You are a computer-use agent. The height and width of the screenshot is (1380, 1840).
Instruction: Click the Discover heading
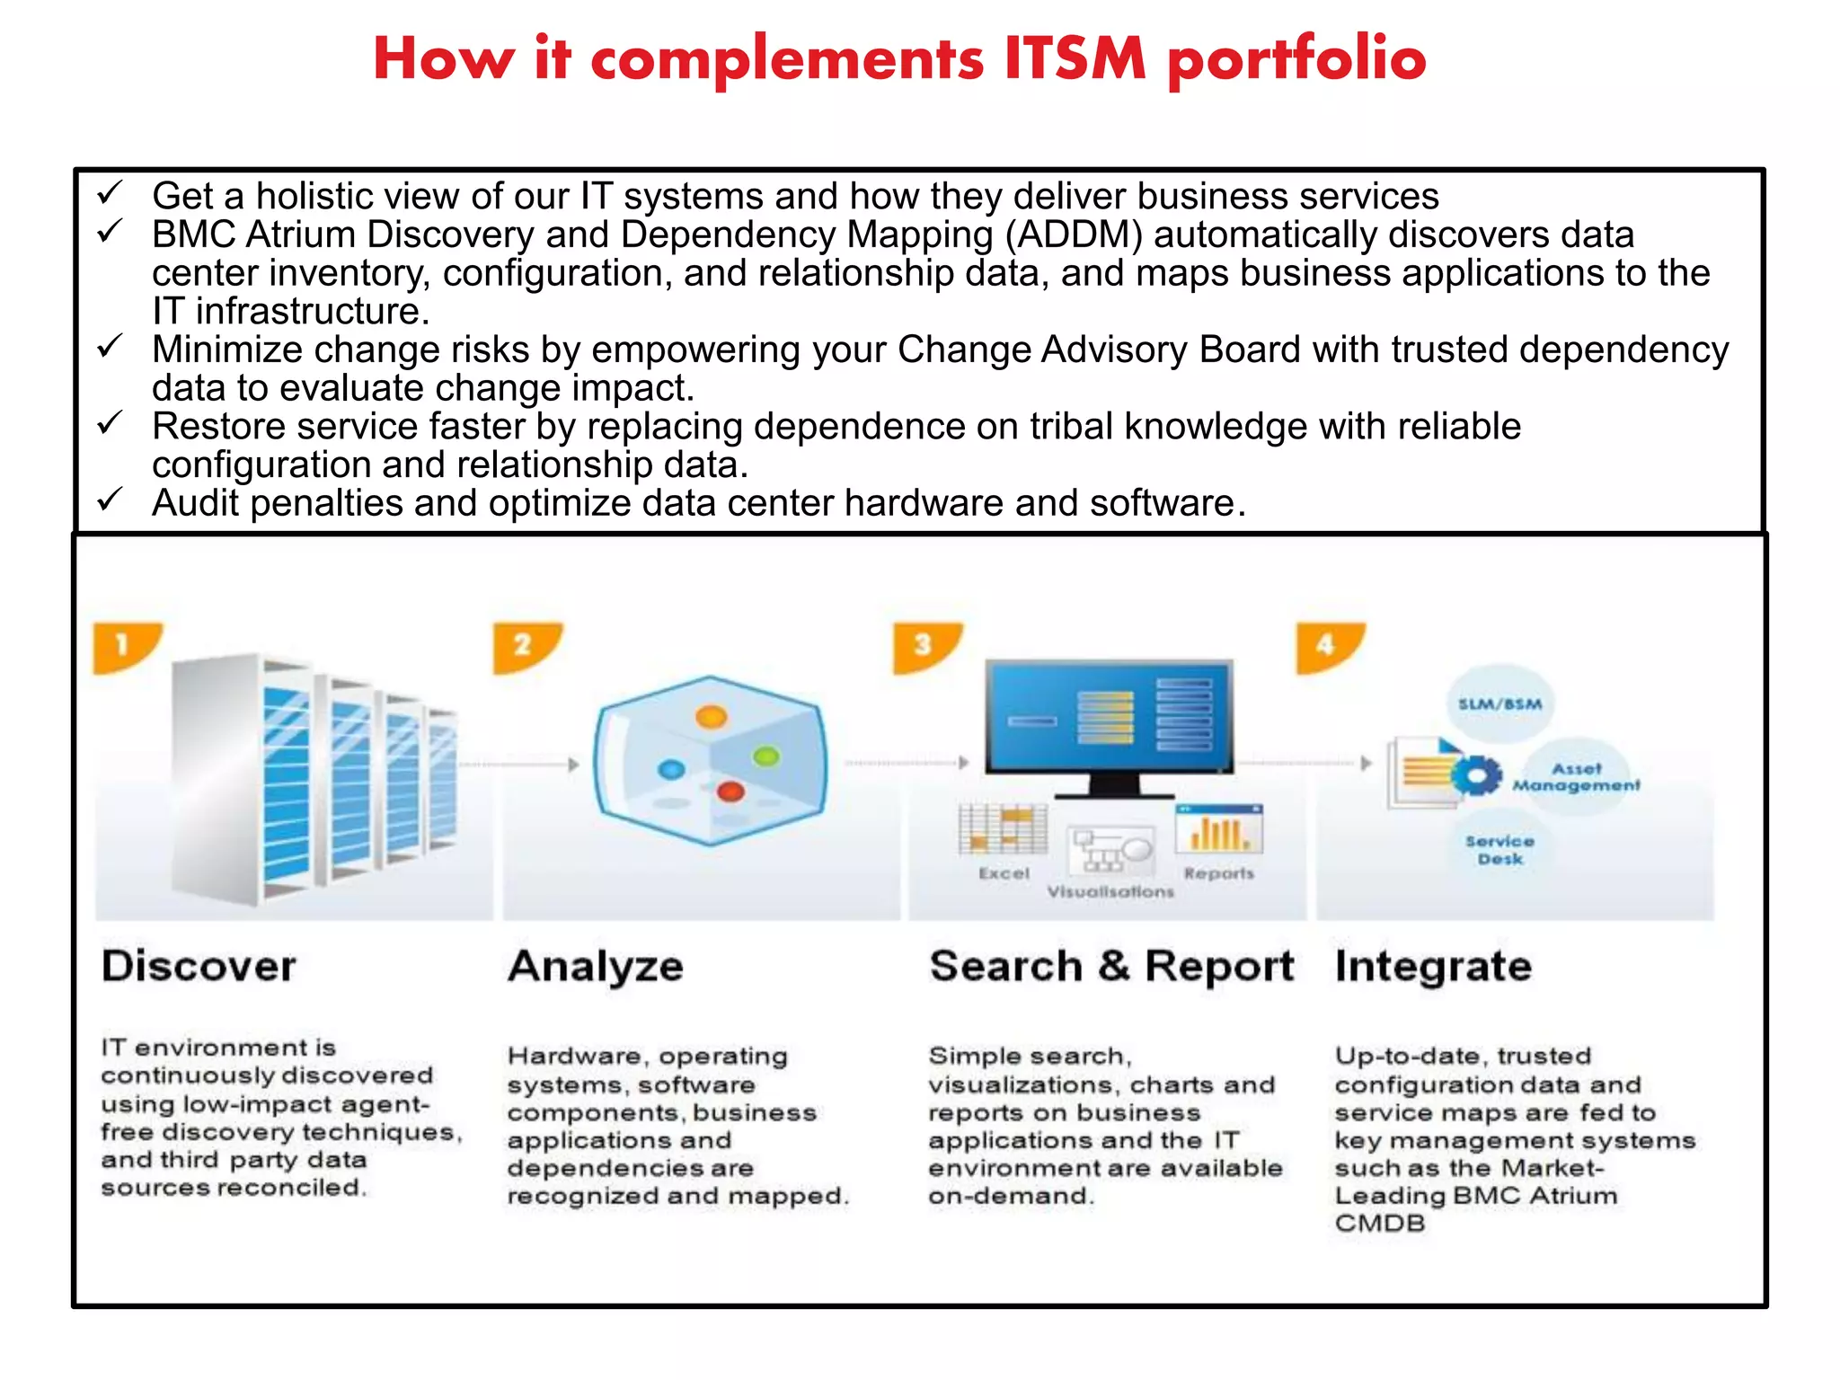click(199, 967)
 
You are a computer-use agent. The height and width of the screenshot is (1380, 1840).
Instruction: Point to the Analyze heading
click(596, 967)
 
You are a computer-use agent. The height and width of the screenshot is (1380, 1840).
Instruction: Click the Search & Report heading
click(1111, 967)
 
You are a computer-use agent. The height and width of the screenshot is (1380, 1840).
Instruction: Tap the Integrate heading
click(1433, 967)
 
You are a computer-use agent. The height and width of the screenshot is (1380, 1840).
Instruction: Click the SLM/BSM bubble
click(1499, 703)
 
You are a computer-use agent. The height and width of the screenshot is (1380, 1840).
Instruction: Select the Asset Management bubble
click(1577, 777)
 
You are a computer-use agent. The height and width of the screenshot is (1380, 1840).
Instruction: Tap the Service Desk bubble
click(1499, 850)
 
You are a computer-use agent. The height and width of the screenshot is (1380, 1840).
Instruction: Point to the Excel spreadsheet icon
click(1003, 828)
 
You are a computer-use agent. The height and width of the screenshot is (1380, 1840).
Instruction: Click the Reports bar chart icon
click(1218, 828)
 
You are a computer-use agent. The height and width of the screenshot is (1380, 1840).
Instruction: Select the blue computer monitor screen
click(1109, 716)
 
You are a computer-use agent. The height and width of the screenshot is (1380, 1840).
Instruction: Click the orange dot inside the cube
click(711, 717)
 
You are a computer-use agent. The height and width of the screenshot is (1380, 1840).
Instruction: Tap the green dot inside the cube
click(766, 756)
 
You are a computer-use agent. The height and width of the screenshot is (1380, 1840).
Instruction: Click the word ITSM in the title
click(1075, 59)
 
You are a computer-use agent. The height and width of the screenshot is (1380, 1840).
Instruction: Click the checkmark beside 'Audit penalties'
click(110, 500)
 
